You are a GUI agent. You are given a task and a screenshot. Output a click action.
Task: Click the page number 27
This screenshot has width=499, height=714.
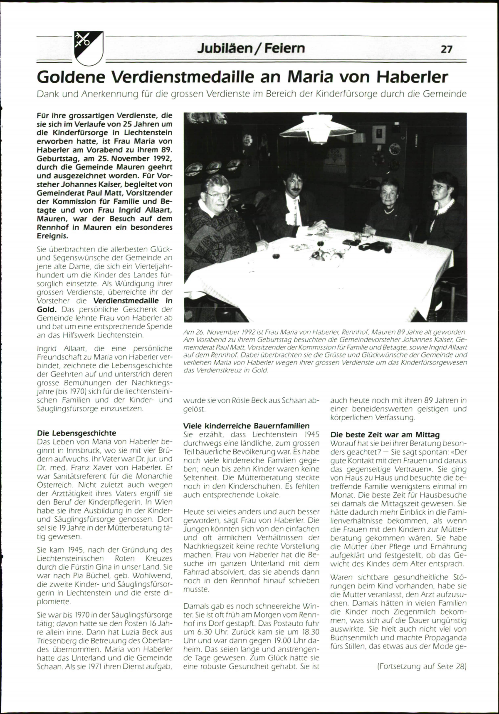point(446,49)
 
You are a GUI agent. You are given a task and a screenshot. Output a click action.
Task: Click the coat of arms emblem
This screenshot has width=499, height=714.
point(88,48)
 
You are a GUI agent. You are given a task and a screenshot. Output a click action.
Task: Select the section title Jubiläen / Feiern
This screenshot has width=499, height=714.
point(251,49)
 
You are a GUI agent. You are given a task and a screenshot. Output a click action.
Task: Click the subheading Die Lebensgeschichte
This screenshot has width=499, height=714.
point(77,433)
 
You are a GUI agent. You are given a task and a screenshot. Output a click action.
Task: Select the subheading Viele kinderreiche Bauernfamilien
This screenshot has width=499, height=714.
point(247,426)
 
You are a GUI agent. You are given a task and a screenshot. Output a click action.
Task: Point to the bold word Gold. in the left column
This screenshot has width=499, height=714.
point(46,309)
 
